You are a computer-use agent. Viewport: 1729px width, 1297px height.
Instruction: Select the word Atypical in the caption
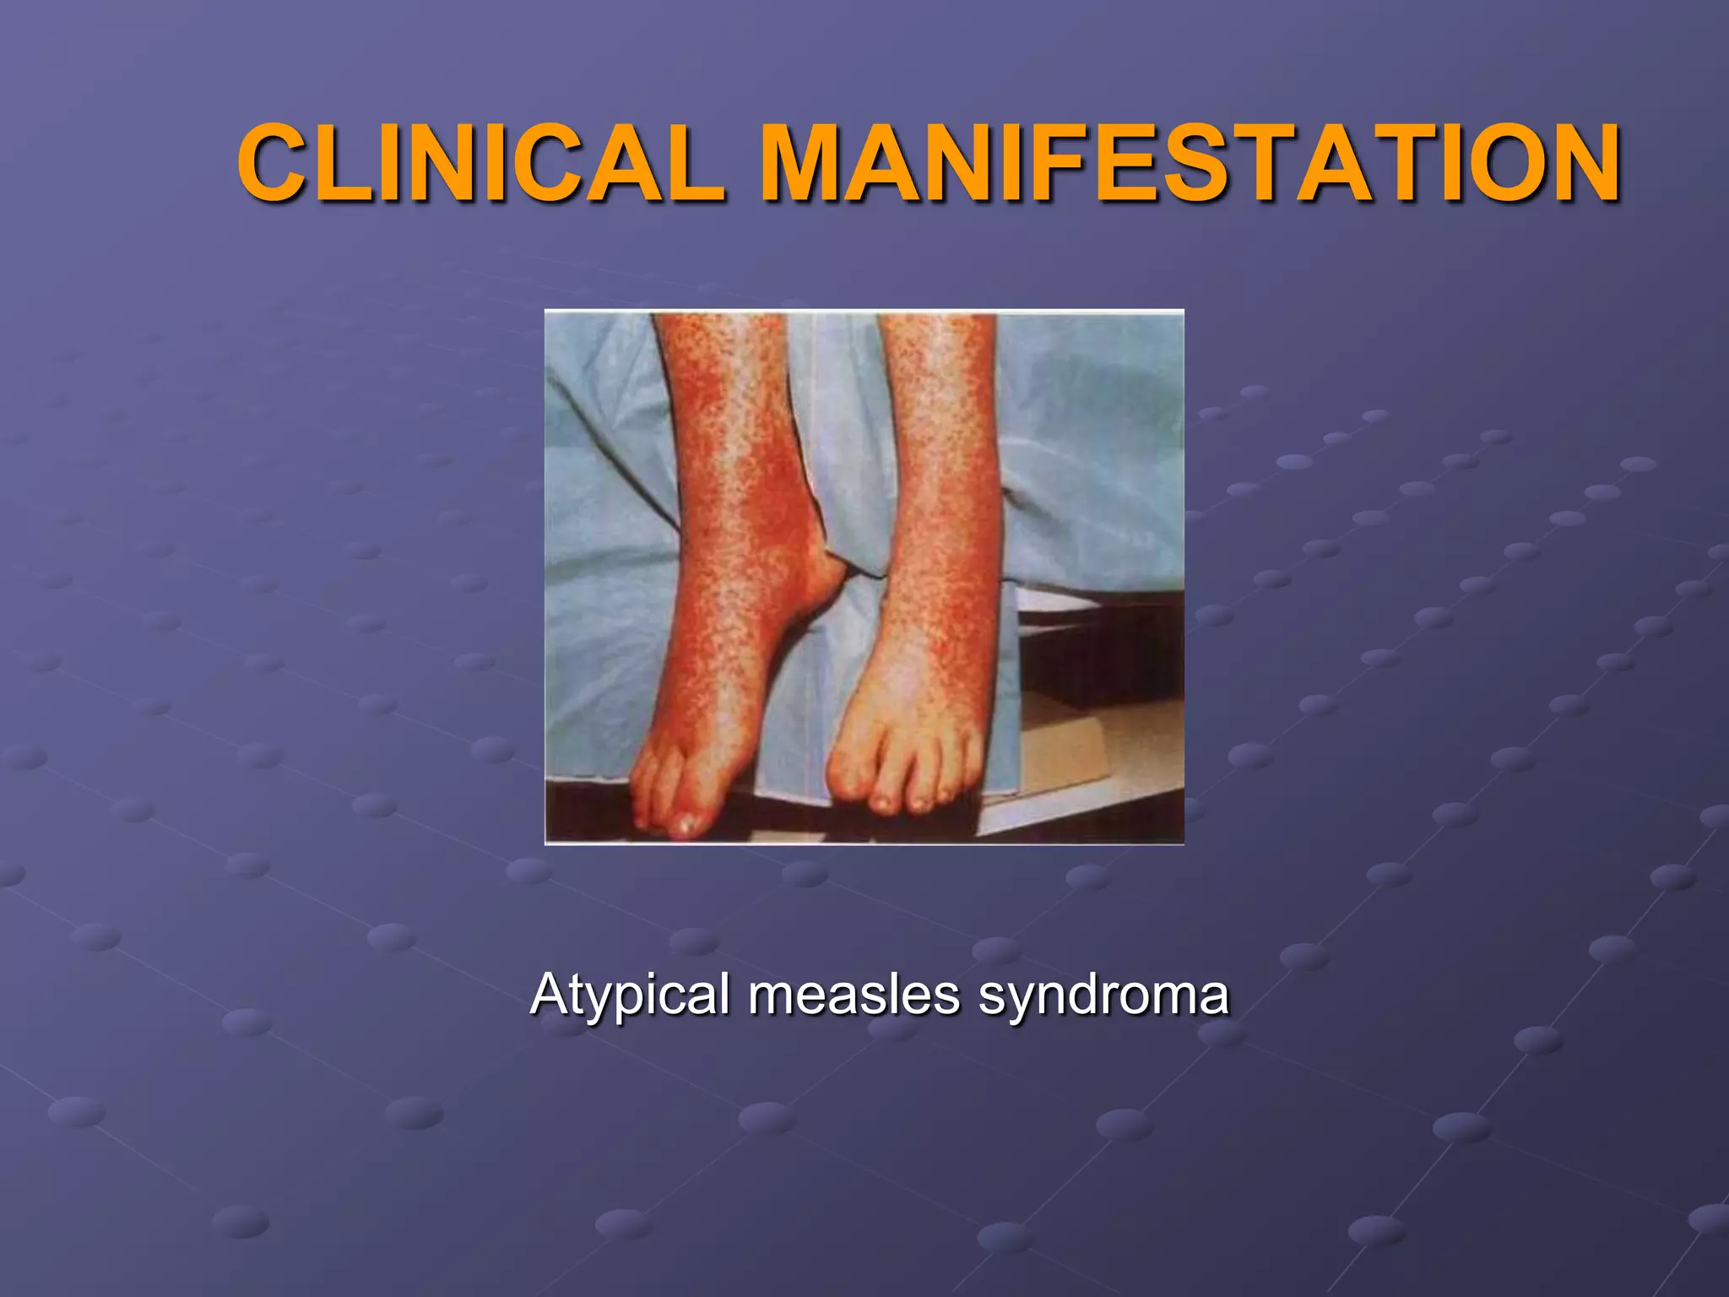click(629, 994)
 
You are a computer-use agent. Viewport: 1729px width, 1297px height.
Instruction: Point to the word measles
click(854, 994)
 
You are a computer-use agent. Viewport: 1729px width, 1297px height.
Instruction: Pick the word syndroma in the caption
click(1103, 994)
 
